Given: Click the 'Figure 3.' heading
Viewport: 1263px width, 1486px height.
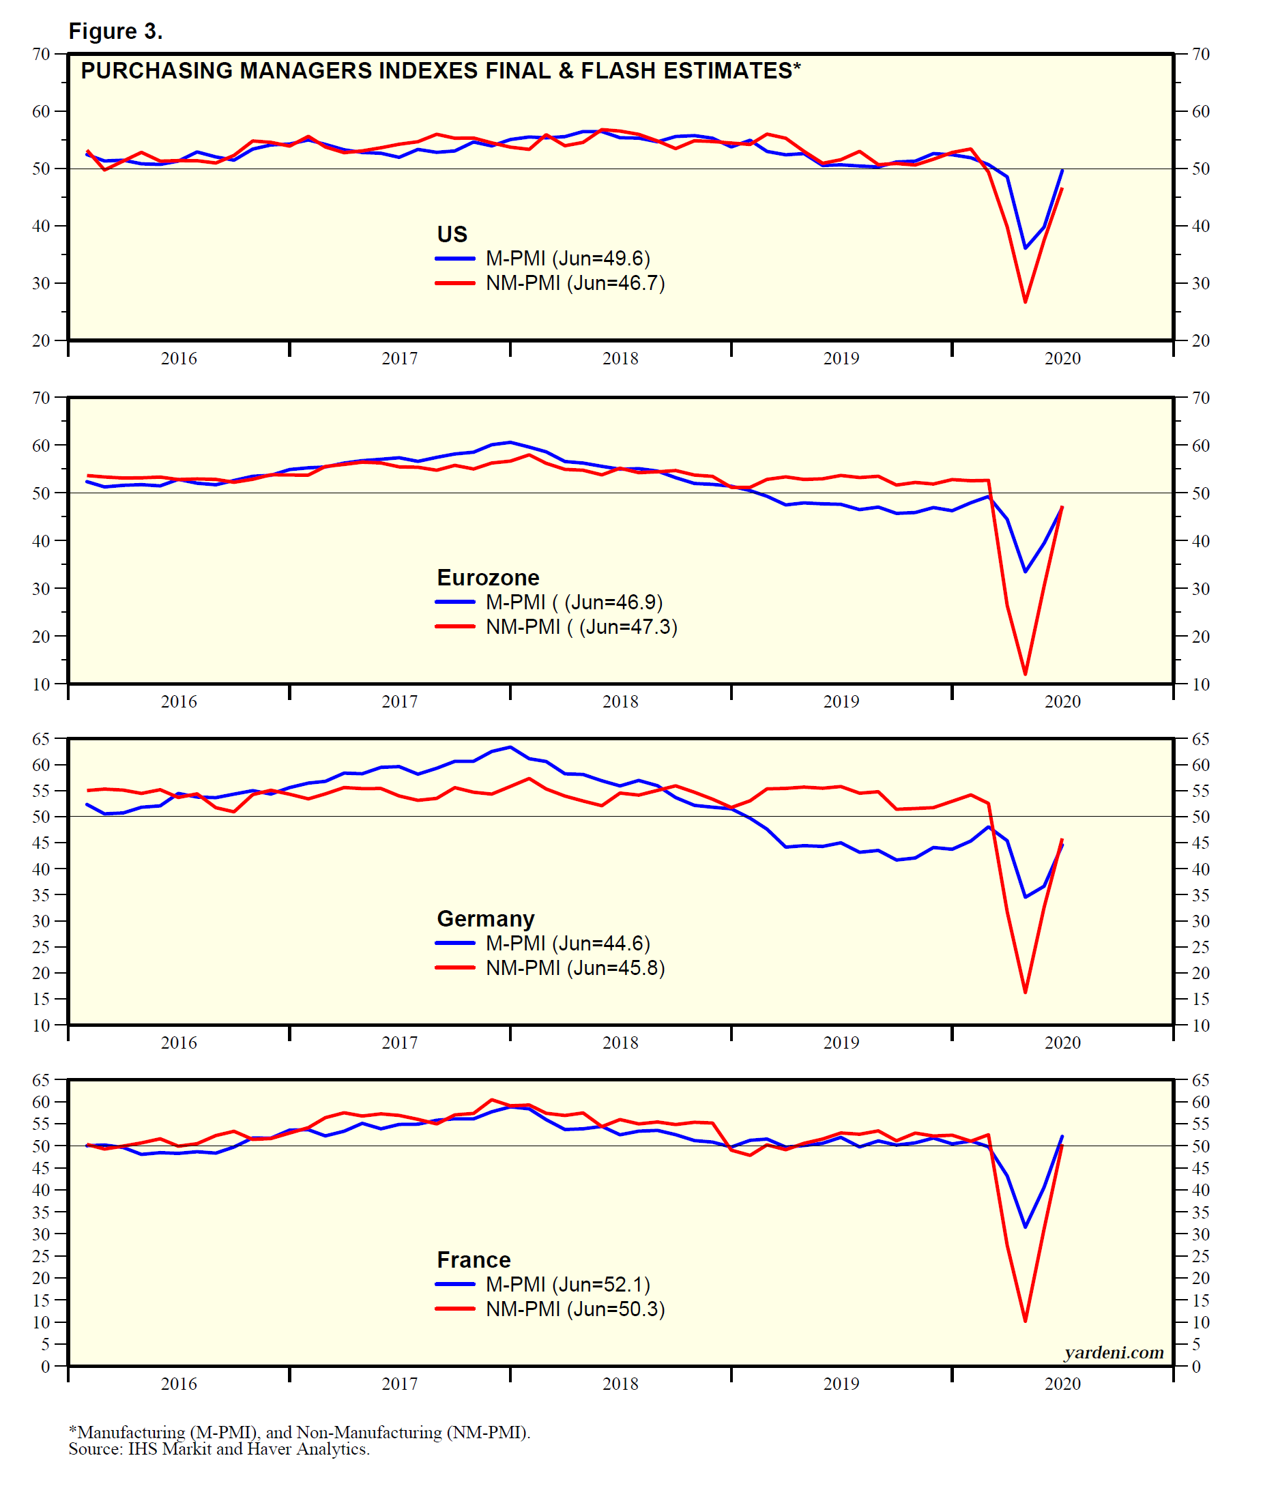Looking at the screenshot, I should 115,31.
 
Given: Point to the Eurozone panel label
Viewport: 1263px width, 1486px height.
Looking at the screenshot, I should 488,578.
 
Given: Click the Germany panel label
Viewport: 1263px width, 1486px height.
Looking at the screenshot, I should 485,918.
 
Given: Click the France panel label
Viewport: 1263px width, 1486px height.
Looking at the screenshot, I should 474,1259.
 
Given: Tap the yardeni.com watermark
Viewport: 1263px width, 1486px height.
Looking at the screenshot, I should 1114,1352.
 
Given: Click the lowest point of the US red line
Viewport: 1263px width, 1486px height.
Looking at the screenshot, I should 1026,302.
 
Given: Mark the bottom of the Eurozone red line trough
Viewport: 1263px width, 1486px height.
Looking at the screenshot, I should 1026,673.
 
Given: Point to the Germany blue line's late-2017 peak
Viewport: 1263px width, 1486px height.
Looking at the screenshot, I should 510,747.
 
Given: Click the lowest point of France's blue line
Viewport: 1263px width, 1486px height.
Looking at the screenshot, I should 1026,1227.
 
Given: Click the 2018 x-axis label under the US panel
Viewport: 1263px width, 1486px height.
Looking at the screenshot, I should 620,359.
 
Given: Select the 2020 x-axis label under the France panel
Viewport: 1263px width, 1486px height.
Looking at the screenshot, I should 1062,1384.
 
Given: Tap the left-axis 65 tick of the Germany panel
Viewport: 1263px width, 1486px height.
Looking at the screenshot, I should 41,739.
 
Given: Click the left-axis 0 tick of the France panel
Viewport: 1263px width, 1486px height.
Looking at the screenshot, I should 45,1367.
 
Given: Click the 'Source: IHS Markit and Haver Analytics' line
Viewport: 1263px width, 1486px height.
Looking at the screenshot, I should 219,1448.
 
